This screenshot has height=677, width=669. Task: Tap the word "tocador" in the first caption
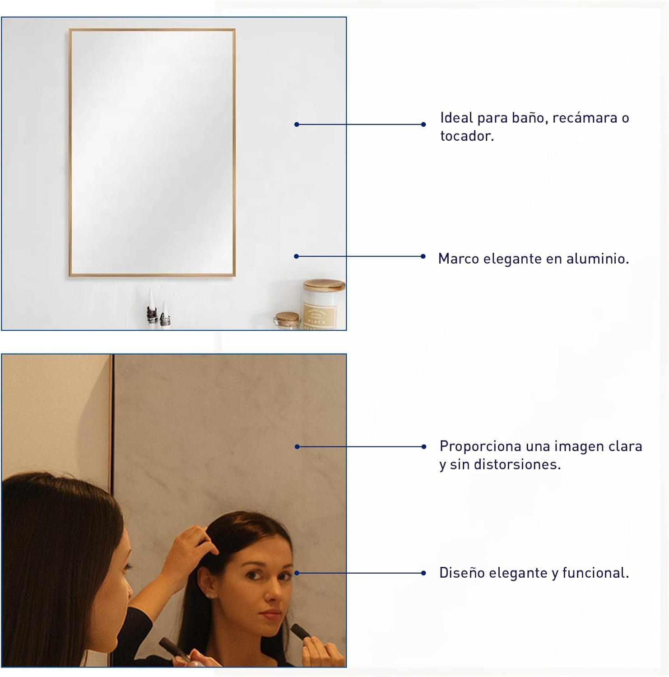pyautogui.click(x=465, y=136)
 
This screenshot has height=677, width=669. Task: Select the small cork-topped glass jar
pyautogui.click(x=287, y=320)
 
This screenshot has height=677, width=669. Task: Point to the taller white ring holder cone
pyautogui.click(x=152, y=306)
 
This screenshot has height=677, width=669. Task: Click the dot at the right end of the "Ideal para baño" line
pyautogui.click(x=423, y=124)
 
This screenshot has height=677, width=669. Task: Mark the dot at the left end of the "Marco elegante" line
pyautogui.click(x=296, y=256)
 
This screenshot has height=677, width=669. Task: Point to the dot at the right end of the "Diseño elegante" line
pyautogui.click(x=423, y=573)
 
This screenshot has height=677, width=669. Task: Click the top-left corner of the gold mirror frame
pyautogui.click(x=70, y=29)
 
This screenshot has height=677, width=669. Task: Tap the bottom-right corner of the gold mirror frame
pyautogui.click(x=235, y=275)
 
